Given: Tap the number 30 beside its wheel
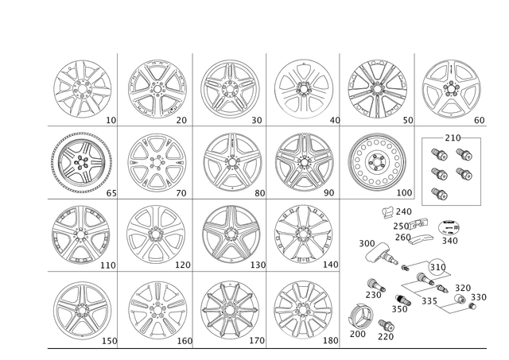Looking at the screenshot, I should pos(257,120).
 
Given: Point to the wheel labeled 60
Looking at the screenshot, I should pos(450,87).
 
